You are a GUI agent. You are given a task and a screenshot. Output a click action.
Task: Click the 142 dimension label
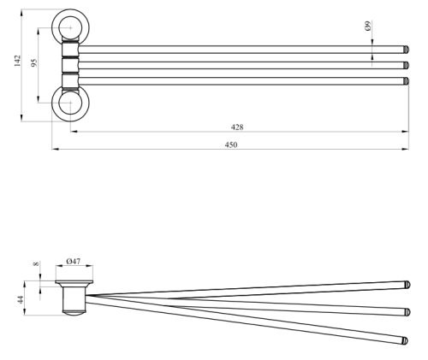coord(17,61)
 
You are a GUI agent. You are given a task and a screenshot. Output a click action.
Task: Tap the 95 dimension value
coord(34,62)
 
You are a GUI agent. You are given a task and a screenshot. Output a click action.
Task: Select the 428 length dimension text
coord(237,127)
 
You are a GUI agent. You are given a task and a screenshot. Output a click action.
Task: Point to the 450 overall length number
coord(231,145)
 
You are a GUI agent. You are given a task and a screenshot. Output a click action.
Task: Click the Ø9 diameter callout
coord(367,26)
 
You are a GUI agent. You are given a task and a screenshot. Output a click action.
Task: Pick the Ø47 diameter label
coord(74,261)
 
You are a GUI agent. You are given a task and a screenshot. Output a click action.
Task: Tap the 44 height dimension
coord(21,300)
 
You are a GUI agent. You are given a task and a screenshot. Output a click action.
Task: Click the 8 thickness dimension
coord(36,264)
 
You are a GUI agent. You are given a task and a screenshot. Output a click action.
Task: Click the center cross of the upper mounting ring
coord(70,27)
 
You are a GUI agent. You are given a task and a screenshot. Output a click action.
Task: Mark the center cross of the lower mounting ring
coord(70,103)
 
